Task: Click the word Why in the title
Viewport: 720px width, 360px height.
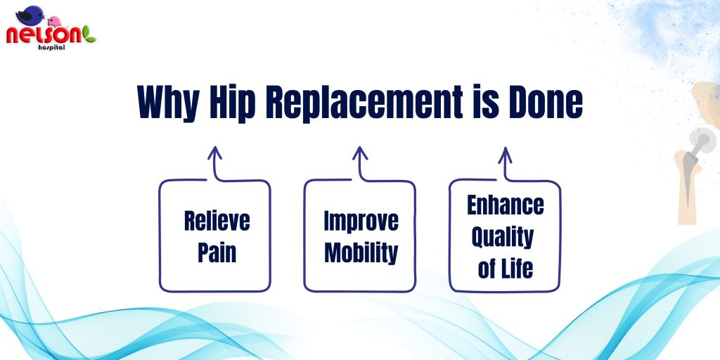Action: [x=168, y=102]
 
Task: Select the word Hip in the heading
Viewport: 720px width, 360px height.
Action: [x=232, y=102]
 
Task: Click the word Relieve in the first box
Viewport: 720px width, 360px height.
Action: [x=217, y=221]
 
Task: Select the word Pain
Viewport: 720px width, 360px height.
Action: [x=217, y=252]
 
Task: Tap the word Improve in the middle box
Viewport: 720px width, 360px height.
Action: [x=361, y=221]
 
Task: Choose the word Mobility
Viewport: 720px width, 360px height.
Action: [x=361, y=253]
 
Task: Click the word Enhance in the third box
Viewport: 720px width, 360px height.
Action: [x=505, y=205]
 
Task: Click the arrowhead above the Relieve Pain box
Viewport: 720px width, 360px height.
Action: [x=214, y=153]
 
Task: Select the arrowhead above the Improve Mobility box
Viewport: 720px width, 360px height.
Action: [x=360, y=153]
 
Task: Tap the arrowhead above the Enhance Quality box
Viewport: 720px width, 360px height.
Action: [x=505, y=153]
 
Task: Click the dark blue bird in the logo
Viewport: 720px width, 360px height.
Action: [x=30, y=15]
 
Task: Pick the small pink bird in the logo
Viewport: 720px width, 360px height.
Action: [x=55, y=22]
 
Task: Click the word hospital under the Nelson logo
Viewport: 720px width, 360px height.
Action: [x=51, y=47]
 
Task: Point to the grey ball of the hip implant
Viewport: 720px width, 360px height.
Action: [x=702, y=141]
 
